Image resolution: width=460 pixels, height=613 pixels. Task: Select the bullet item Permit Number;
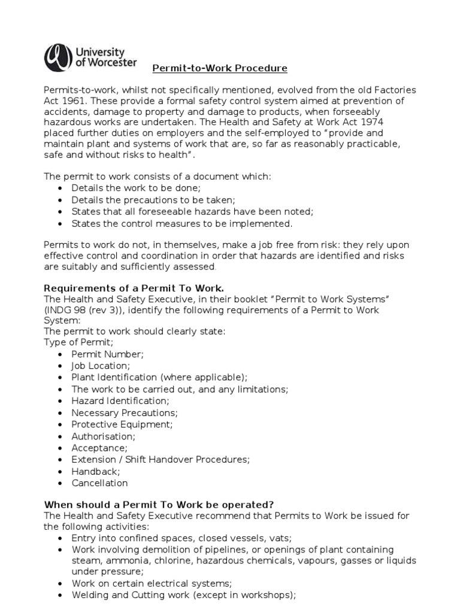108,354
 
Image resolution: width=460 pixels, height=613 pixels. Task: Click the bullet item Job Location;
101,366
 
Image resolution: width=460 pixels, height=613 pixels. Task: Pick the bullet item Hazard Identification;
120,401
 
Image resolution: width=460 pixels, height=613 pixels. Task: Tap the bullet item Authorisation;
104,436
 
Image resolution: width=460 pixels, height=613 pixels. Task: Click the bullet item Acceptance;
99,448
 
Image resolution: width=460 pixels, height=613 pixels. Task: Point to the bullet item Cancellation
99,483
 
